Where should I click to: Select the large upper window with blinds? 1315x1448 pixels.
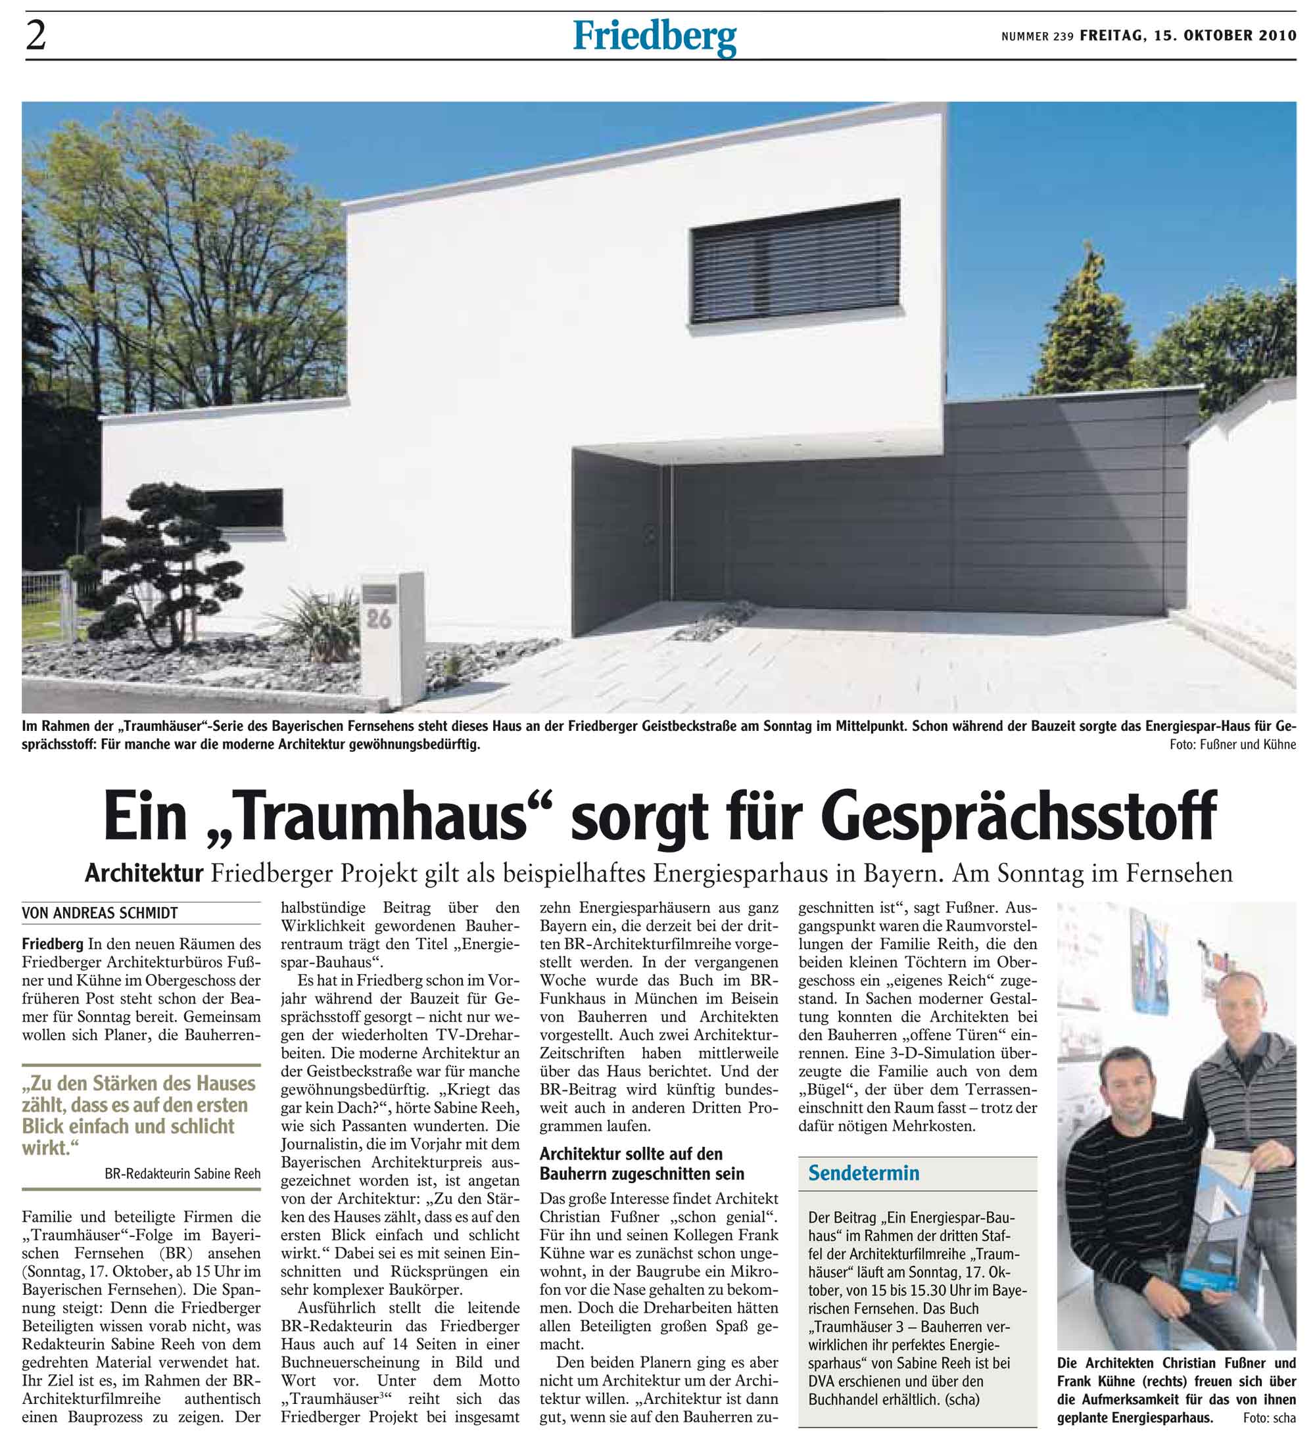pyautogui.click(x=795, y=262)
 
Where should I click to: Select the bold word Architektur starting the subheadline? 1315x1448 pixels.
pyautogui.click(x=144, y=874)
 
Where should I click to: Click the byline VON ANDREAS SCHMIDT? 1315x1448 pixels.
pyautogui.click(x=100, y=914)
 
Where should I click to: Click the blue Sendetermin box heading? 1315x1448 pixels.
pyautogui.click(x=864, y=1173)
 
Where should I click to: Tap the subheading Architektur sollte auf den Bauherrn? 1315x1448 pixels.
pyautogui.click(x=642, y=1163)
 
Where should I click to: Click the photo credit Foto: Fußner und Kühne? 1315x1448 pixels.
pyautogui.click(x=1232, y=745)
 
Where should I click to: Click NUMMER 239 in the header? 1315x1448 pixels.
pyautogui.click(x=1037, y=37)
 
